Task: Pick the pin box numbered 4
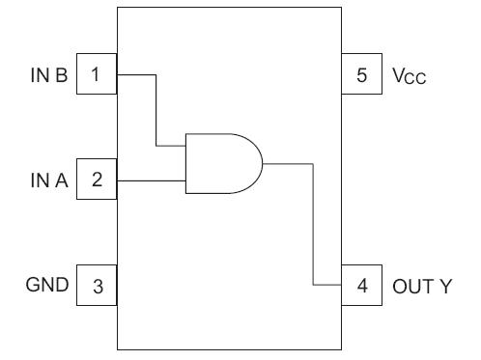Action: tap(362, 287)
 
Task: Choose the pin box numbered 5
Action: tap(362, 73)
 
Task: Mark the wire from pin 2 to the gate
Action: tap(150, 180)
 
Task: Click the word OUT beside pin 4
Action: tap(410, 287)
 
